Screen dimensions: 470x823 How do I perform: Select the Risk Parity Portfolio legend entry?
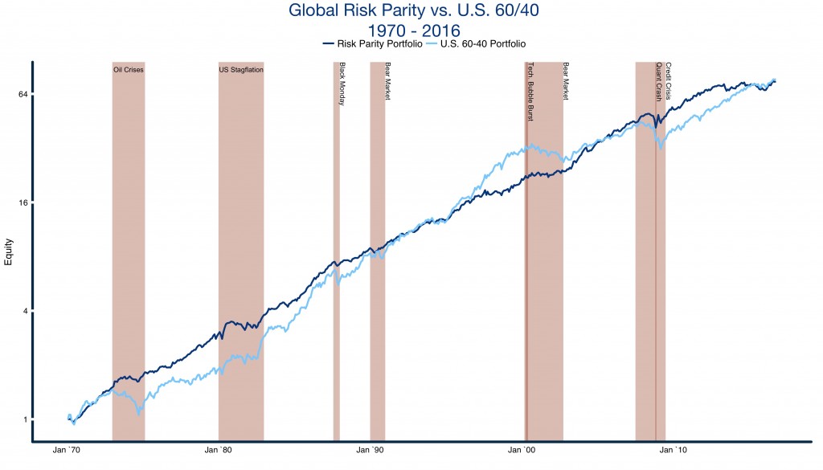pos(377,45)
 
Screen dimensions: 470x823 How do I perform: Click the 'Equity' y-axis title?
pos(10,252)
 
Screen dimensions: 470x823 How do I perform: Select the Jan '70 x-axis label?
pos(69,452)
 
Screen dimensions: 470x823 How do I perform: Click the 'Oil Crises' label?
pos(128,70)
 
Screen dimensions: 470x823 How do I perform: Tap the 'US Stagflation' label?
pos(241,70)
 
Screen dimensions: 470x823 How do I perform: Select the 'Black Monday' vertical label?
pos(342,84)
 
